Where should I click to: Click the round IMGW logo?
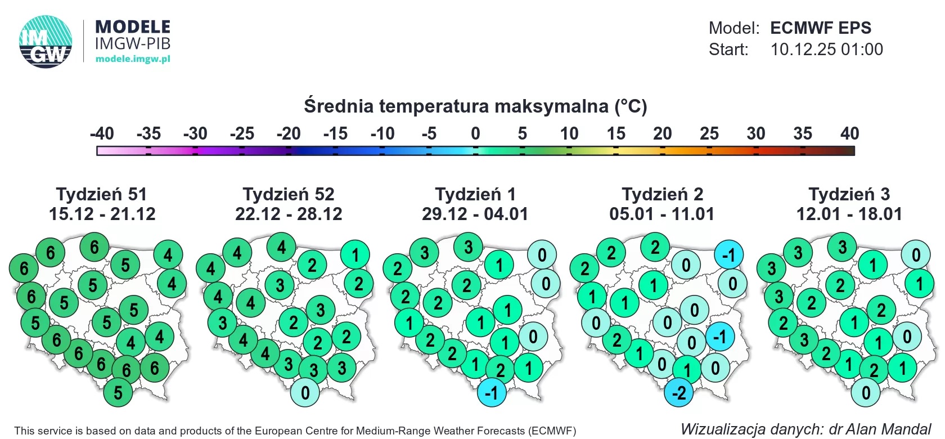(x=46, y=42)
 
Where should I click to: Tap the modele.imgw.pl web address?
(x=133, y=59)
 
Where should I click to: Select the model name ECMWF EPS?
(x=820, y=28)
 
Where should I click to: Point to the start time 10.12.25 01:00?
(x=826, y=50)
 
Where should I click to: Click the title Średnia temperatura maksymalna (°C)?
(x=475, y=106)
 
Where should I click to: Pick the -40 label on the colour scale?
(x=102, y=134)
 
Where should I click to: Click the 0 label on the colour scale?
(x=475, y=134)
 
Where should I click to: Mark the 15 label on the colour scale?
(x=615, y=134)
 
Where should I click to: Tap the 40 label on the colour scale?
(x=849, y=134)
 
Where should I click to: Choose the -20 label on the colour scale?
(x=289, y=134)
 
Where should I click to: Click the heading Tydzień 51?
(x=102, y=194)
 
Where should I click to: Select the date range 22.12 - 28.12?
(x=289, y=214)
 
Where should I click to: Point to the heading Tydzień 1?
(x=475, y=194)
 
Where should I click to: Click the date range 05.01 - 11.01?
(x=662, y=214)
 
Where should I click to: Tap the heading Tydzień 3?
(x=849, y=194)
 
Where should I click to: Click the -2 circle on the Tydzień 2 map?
(x=679, y=392)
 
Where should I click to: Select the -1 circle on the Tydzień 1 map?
(x=492, y=392)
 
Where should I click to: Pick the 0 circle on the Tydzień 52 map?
(x=305, y=392)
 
